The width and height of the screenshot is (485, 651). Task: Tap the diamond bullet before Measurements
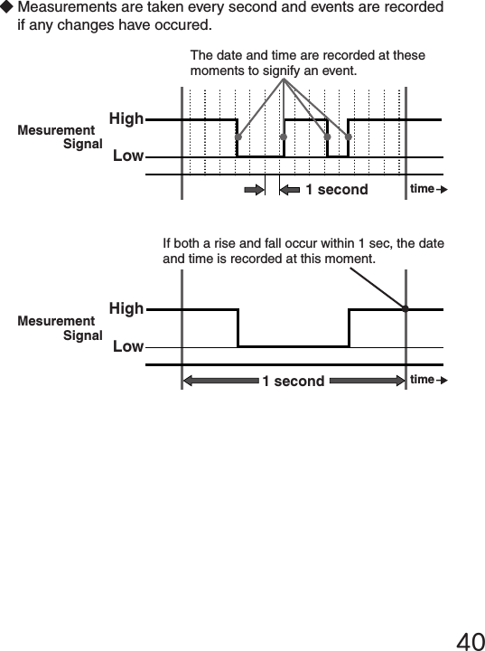(x=7, y=7)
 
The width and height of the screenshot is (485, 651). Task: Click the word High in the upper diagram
(x=126, y=118)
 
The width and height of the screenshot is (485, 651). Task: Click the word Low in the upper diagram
(x=128, y=156)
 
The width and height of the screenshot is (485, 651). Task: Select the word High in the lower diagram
(x=126, y=308)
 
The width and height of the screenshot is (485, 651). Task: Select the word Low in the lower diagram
(x=128, y=346)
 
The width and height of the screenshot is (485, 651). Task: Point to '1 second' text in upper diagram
(x=336, y=189)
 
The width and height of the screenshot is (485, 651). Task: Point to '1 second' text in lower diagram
(x=293, y=381)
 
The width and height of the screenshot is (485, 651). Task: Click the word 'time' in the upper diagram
(x=422, y=188)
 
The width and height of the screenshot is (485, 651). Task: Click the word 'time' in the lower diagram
(x=422, y=380)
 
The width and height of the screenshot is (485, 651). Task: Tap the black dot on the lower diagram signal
(x=406, y=309)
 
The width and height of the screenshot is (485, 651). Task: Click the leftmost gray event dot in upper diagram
(x=238, y=137)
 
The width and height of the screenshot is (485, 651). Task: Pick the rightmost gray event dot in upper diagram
(x=348, y=137)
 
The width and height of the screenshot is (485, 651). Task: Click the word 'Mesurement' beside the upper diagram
(x=56, y=131)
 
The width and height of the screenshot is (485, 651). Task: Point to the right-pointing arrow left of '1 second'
(x=253, y=189)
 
